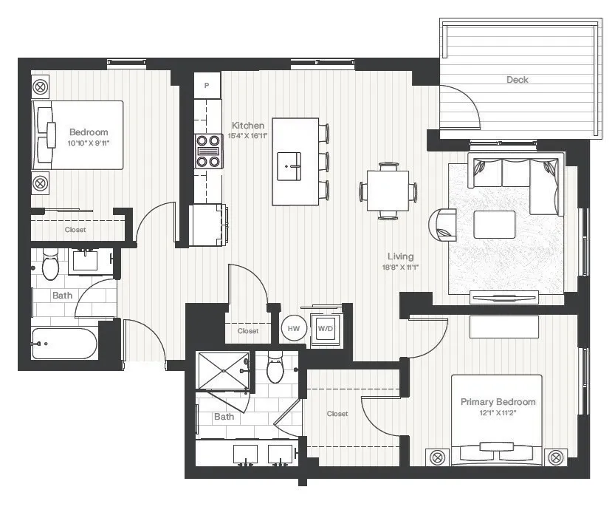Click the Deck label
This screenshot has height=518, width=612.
[517, 80]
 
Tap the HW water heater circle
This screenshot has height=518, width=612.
[293, 328]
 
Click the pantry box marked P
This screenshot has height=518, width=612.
[207, 85]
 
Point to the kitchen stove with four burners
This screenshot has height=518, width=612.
[208, 151]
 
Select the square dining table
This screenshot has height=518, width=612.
[388, 191]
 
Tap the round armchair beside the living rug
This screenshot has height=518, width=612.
[445, 225]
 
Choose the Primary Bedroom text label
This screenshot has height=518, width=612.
[498, 402]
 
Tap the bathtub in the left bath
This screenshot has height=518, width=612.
[65, 344]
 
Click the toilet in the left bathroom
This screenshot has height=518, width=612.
[51, 265]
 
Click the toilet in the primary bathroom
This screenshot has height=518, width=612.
[275, 368]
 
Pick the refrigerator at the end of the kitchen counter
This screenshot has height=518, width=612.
[208, 225]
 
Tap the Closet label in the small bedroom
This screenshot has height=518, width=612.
[75, 230]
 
